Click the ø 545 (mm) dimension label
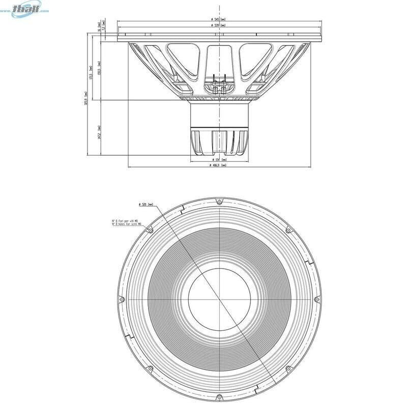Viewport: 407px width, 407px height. (x=219, y=19)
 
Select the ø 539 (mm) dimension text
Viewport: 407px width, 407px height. (x=219, y=25)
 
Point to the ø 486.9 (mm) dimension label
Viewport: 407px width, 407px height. (x=218, y=165)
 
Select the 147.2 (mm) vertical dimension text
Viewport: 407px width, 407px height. (x=99, y=133)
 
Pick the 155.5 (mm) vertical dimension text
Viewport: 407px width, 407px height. (x=99, y=67)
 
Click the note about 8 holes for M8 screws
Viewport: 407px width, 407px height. (x=124, y=222)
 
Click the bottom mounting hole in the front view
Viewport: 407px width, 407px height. (x=219, y=396)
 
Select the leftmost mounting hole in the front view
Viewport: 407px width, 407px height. (x=121, y=299)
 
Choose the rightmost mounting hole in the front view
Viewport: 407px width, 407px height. (x=317, y=299)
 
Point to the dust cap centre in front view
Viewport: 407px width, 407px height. (x=219, y=299)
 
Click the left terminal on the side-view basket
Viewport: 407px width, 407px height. (x=215, y=89)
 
